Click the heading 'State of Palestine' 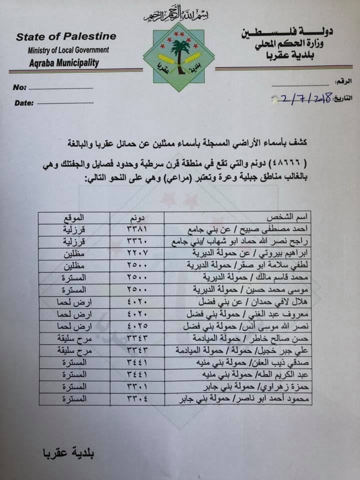(x=66, y=36)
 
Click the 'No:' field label (x=19, y=88)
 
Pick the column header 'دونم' (x=136, y=219)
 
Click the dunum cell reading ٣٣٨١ (x=136, y=230)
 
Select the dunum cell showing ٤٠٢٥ (x=136, y=325)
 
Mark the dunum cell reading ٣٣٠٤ (x=136, y=398)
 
